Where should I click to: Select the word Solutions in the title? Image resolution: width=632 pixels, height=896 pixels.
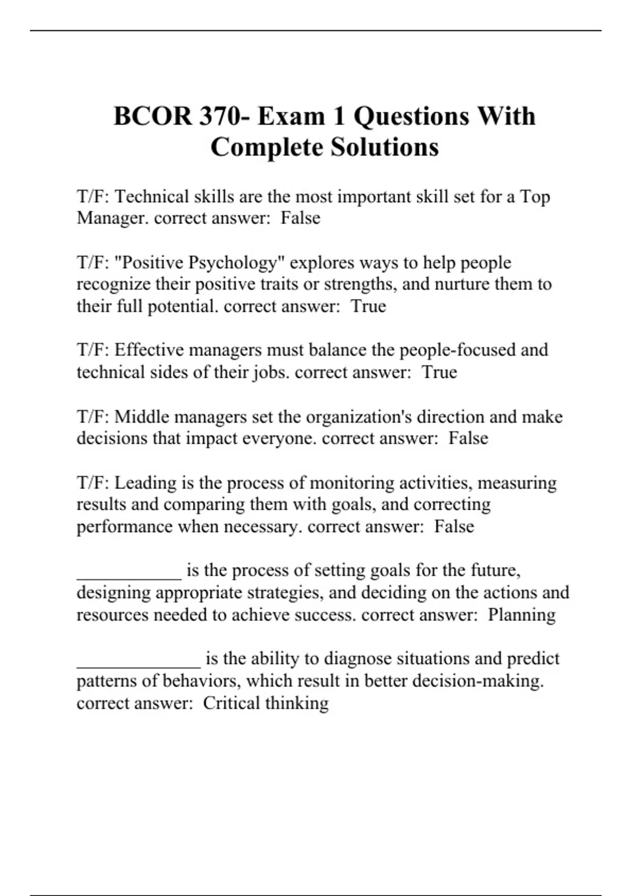click(384, 147)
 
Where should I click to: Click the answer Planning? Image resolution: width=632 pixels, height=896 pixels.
click(521, 615)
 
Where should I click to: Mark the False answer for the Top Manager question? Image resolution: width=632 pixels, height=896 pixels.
click(300, 218)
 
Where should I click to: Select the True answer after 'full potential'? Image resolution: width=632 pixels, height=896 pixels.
click(368, 306)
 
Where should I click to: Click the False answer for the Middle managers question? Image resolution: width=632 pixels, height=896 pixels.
click(468, 439)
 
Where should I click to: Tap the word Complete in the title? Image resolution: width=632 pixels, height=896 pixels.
click(267, 147)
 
